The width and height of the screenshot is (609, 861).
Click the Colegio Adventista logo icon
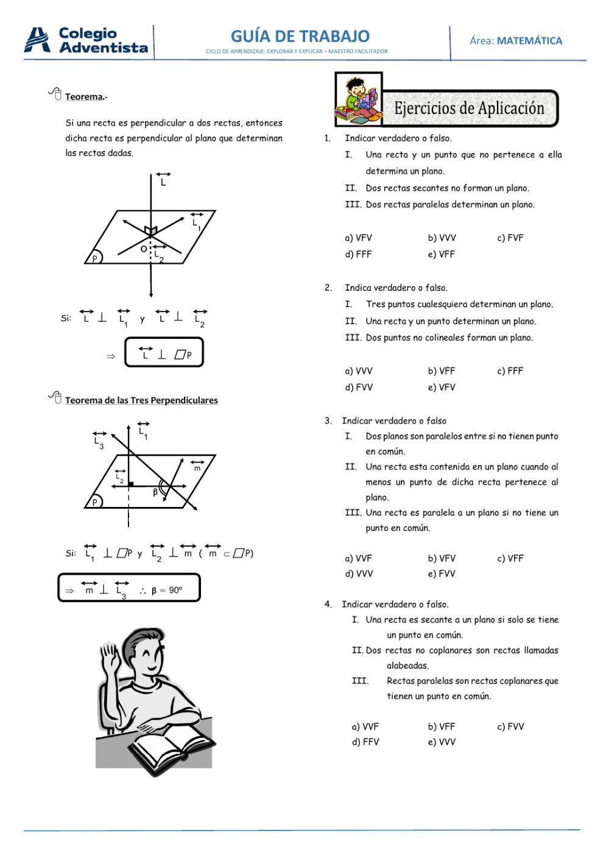pyautogui.click(x=37, y=40)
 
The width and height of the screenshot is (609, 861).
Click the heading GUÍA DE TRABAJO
pyautogui.click(x=300, y=36)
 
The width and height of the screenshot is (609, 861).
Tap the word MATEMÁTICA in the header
pyautogui.click(x=529, y=41)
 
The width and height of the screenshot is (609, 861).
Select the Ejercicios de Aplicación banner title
pyautogui.click(x=469, y=108)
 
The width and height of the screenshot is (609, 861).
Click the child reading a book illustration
pyautogui.click(x=359, y=99)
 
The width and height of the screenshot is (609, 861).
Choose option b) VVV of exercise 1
pyautogui.click(x=442, y=238)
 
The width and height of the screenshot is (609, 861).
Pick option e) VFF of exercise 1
pyautogui.click(x=441, y=255)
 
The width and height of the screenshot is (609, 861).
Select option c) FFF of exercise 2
pyautogui.click(x=510, y=371)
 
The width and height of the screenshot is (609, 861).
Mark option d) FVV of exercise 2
pyautogui.click(x=359, y=388)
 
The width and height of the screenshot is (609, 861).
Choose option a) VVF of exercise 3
pyautogui.click(x=358, y=559)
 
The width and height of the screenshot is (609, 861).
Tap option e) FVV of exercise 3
pyautogui.click(x=441, y=574)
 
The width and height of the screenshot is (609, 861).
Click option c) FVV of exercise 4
pyautogui.click(x=510, y=727)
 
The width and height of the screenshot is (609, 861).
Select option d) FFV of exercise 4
pyautogui.click(x=365, y=742)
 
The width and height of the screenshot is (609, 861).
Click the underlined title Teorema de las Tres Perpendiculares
pyautogui.click(x=141, y=400)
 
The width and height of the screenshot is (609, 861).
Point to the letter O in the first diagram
pyautogui.click(x=144, y=249)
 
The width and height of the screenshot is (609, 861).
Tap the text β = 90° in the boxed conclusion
pyautogui.click(x=167, y=590)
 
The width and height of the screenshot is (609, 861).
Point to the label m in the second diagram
pyautogui.click(x=197, y=468)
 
